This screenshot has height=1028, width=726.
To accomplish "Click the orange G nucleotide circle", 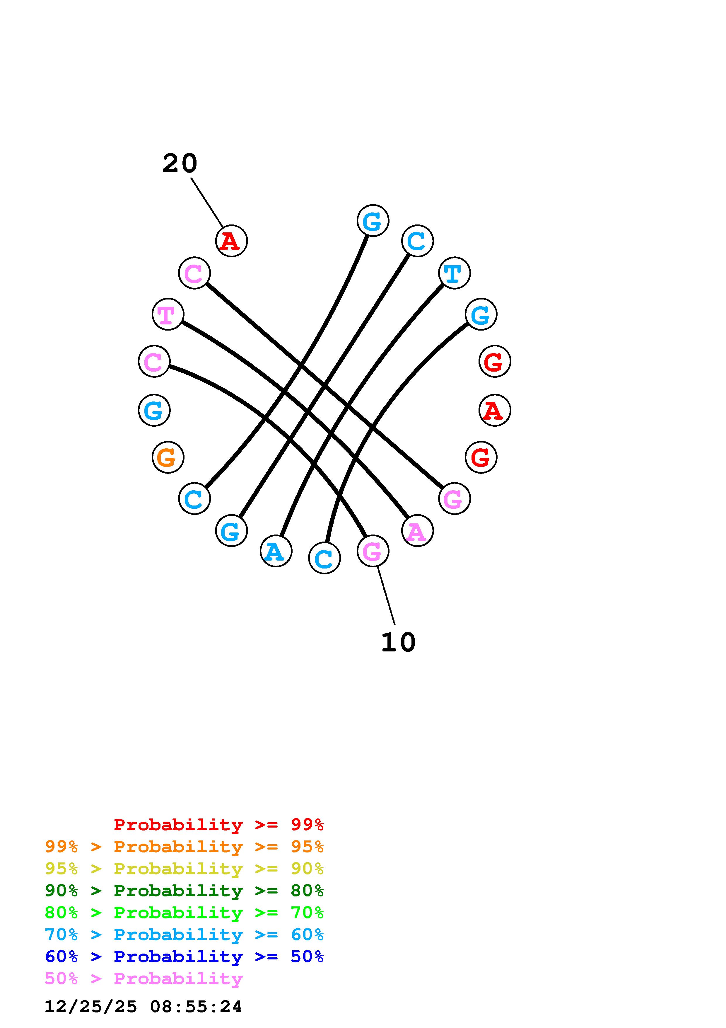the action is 168,457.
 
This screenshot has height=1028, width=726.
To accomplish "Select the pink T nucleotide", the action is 168,314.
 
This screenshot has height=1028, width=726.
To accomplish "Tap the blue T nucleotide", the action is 455,273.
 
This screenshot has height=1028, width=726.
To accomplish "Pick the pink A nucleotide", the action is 417,531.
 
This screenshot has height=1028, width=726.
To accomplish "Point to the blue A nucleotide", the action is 276,551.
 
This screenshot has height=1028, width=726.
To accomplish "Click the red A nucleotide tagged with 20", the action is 231,241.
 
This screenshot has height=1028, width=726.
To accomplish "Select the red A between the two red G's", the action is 495,410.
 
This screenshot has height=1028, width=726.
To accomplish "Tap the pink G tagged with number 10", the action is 373,551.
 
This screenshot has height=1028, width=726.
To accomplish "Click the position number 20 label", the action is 179,164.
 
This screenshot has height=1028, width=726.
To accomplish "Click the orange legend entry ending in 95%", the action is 184,847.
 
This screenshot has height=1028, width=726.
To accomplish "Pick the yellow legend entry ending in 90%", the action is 184,869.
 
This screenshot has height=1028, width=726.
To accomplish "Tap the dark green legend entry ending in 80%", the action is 184,891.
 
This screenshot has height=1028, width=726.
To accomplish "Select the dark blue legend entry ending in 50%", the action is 184,956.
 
